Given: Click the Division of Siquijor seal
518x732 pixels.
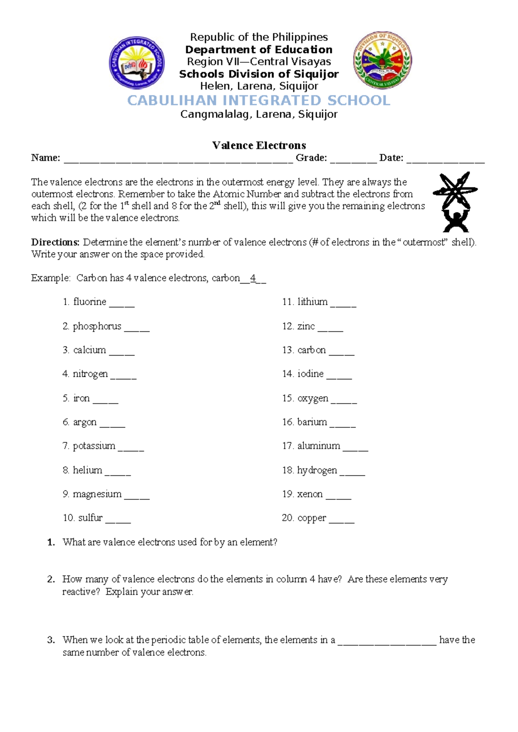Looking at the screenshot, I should pyautogui.click(x=382, y=60).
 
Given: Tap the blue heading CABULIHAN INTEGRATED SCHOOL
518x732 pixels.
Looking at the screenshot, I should pyautogui.click(x=259, y=101).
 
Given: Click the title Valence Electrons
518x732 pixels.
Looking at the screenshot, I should pyautogui.click(x=259, y=145).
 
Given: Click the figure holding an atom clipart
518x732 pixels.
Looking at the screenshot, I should pyautogui.click(x=455, y=202).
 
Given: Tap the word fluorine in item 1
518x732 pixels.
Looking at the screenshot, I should pyautogui.click(x=90, y=302).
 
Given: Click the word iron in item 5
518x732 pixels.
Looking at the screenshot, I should pyautogui.click(x=82, y=398).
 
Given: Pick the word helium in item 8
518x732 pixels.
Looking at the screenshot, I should pyautogui.click(x=88, y=470).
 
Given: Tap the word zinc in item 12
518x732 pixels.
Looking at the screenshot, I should pyautogui.click(x=306, y=326).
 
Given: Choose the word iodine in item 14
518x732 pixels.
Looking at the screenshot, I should pyautogui.click(x=310, y=374).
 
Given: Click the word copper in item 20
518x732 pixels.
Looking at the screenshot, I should pyautogui.click(x=312, y=518).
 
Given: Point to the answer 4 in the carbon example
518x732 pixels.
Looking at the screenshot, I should pyautogui.click(x=253, y=278).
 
